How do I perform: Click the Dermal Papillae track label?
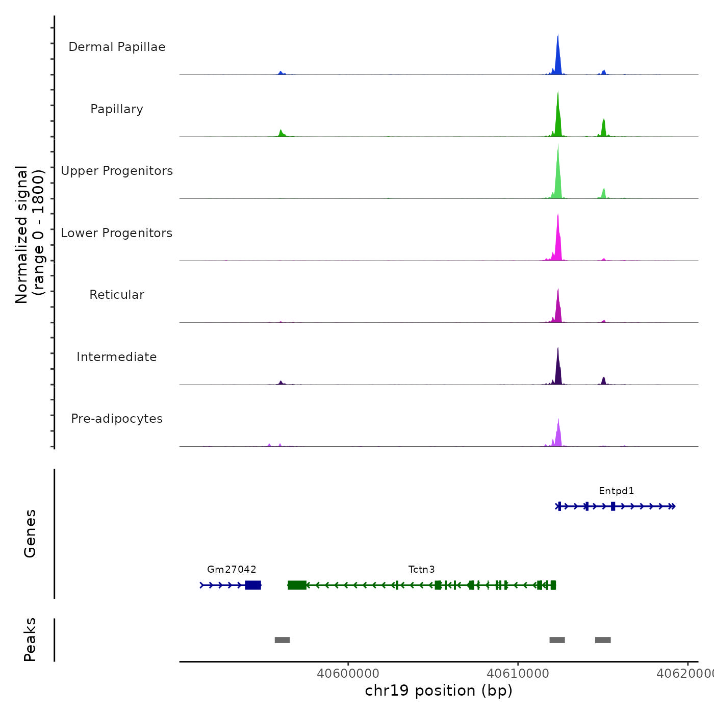[x=117, y=47]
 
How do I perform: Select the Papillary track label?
[x=117, y=109]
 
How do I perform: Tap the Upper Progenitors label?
[x=117, y=171]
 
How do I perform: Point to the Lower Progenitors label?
[x=117, y=233]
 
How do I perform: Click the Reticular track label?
[x=117, y=295]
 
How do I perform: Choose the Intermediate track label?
[x=117, y=357]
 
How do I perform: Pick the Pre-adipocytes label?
[x=117, y=419]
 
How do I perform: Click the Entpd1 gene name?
[x=616, y=491]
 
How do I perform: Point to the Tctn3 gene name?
[x=421, y=570]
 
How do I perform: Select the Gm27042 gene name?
[x=232, y=570]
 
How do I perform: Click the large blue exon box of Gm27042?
[x=253, y=585]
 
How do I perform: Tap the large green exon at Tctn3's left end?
[x=297, y=585]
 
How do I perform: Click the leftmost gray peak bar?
[x=282, y=640]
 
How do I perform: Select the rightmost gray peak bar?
[x=603, y=640]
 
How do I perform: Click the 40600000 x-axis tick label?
[x=348, y=674]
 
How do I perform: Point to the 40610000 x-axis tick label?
[x=518, y=674]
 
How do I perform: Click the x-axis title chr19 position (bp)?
[x=439, y=691]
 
